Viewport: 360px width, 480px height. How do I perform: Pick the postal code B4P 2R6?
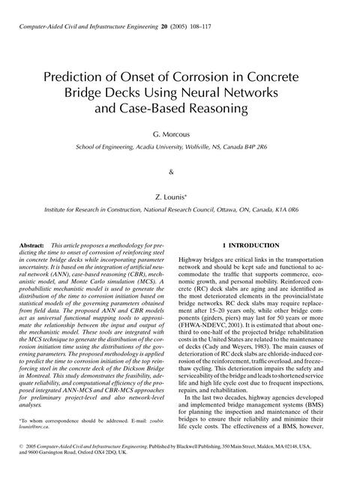[267, 148]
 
